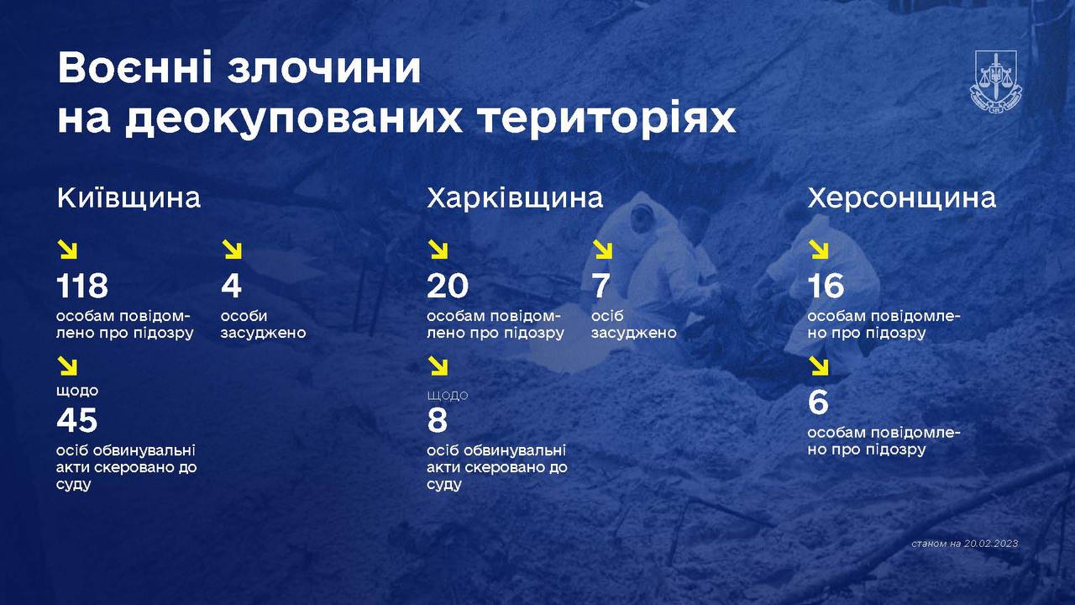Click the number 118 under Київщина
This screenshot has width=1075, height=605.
coord(82,287)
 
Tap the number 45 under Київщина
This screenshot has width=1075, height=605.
coord(77,420)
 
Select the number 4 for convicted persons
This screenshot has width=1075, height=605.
coord(231,287)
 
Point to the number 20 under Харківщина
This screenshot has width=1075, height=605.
coord(448,287)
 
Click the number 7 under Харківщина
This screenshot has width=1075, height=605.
coord(600,287)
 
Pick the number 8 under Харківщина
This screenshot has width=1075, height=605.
coord(438,420)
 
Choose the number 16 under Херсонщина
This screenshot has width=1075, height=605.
coord(826,287)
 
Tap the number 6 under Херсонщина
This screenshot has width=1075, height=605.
coord(818,403)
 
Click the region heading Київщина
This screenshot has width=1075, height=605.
coord(129,198)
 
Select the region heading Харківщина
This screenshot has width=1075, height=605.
coord(515,198)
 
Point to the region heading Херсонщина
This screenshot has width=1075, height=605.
coord(902,198)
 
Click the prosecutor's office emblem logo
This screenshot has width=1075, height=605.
coord(998,81)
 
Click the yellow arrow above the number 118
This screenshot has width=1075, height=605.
coord(68,250)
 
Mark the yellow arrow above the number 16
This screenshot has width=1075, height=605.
coord(819,250)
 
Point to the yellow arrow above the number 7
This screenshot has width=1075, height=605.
coord(602,250)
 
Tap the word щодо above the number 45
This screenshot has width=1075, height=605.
coord(77,391)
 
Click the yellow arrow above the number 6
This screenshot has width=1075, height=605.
coord(819,366)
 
